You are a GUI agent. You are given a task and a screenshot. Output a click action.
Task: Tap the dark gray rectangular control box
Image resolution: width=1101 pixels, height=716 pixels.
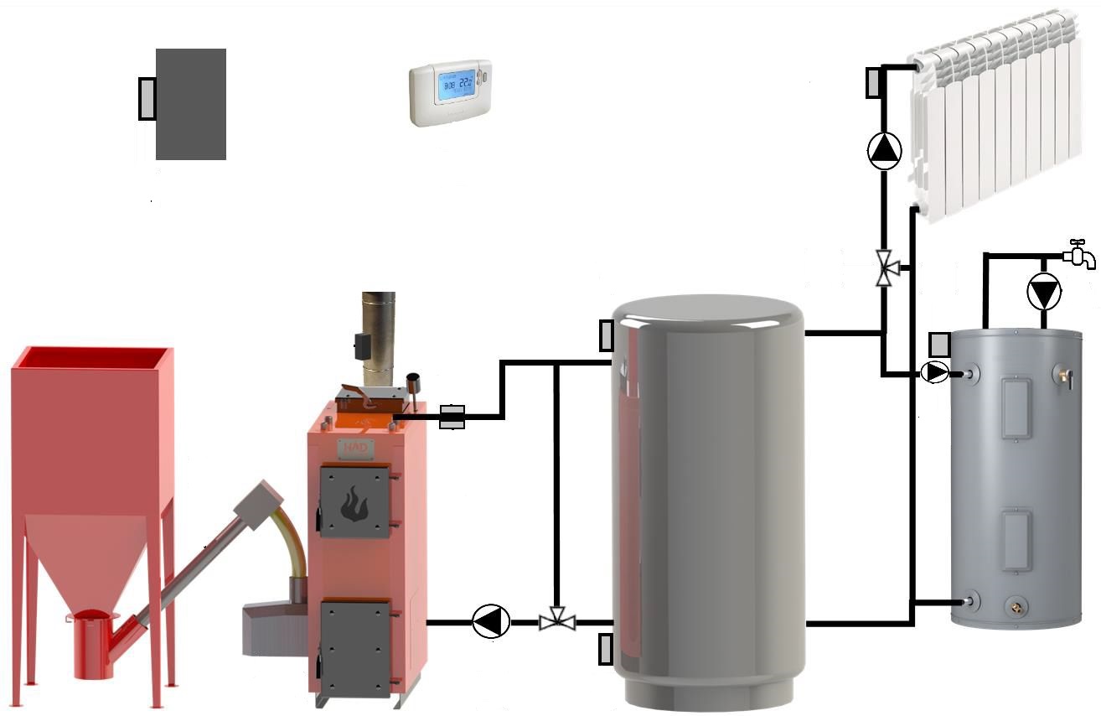[191, 104]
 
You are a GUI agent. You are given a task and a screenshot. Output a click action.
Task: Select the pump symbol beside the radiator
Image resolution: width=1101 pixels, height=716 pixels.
[884, 150]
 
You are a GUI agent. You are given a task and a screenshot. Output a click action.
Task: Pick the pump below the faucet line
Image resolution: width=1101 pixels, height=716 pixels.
[1044, 293]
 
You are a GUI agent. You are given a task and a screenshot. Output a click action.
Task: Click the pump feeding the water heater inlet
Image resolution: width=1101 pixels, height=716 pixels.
[934, 371]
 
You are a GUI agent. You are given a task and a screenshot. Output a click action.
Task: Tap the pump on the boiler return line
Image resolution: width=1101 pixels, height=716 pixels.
[491, 622]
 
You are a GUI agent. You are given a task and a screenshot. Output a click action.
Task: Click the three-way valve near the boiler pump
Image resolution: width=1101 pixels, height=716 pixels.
[556, 622]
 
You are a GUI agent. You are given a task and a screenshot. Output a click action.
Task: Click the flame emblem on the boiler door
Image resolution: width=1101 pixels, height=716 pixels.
[354, 503]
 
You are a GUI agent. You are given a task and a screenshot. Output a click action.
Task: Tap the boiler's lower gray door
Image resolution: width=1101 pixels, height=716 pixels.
[355, 647]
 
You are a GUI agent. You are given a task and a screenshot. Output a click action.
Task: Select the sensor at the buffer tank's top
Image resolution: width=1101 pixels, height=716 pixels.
[607, 335]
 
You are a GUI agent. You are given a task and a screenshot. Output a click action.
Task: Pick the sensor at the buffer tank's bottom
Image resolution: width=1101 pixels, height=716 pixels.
[606, 650]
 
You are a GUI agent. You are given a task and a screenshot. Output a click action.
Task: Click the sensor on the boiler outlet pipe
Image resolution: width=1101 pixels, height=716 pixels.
[452, 417]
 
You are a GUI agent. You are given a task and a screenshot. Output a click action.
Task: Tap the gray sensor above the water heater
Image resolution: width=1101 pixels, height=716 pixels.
[940, 345]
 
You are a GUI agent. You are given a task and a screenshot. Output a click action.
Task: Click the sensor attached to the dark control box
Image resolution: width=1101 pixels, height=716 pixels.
[147, 97]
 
